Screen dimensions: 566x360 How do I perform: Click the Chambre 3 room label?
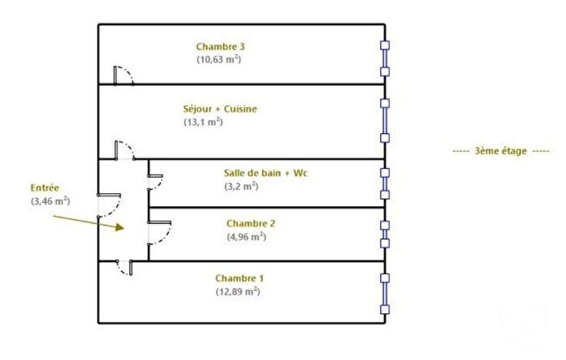[220, 47]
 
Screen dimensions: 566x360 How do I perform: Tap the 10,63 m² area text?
[219, 59]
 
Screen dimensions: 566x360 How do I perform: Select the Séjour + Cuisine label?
[220, 109]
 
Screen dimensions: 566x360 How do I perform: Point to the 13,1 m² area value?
[203, 122]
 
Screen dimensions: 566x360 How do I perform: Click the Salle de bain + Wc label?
[265, 173]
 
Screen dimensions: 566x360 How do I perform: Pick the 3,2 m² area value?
[241, 186]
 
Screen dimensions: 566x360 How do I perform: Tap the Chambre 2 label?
[251, 223]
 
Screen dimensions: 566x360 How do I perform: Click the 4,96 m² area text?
[247, 237]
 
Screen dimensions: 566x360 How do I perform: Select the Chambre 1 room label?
[239, 278]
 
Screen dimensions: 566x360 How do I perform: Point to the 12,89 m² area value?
[238, 291]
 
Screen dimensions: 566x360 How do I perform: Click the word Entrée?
[44, 188]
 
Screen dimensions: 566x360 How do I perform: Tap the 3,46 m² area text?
[50, 201]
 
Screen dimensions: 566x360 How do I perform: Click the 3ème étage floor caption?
[501, 151]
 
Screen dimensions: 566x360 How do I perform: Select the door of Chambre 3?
[124, 75]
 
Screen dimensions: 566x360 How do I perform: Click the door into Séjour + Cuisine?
[125, 150]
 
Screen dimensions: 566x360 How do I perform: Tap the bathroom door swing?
[155, 182]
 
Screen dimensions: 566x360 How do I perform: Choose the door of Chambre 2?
[159, 233]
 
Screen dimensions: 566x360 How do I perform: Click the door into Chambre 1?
[125, 268]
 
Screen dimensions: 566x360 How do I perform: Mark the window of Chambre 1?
[385, 294]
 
